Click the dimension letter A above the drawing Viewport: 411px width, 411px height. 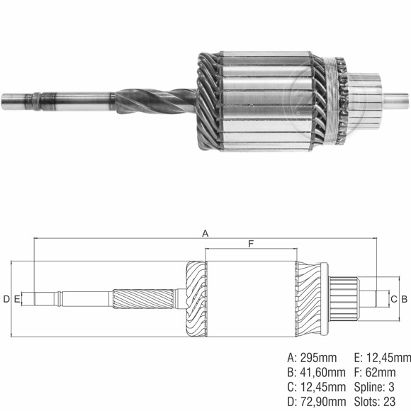[205, 232]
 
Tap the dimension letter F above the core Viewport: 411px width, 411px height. [251, 244]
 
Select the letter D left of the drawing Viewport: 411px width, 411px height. [6, 299]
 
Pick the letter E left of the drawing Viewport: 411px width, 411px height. [16, 299]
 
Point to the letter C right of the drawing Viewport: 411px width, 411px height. [393, 299]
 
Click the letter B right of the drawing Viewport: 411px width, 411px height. [404, 299]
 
